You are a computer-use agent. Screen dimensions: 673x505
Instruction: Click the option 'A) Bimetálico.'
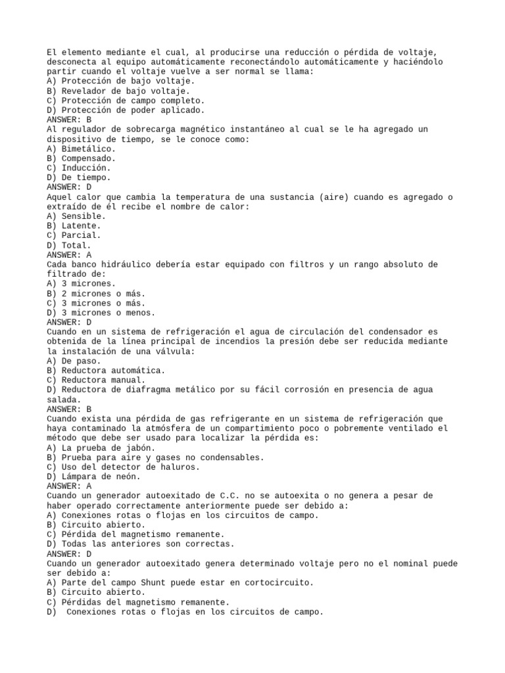point(81,149)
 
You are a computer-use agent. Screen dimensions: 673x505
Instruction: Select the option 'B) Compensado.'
point(81,158)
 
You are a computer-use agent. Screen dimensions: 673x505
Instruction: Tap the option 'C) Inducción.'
point(79,168)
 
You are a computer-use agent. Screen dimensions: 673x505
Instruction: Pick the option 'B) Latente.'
point(74,225)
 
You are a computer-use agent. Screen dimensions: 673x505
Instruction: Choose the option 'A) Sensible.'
point(76,216)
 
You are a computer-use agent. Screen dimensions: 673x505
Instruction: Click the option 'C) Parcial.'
point(74,235)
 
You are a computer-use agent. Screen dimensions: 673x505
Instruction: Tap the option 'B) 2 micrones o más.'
point(96,293)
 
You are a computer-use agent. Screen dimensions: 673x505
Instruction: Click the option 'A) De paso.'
point(74,360)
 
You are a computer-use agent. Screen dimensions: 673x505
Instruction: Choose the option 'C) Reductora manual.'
point(96,380)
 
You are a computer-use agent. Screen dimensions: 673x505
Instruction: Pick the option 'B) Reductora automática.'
point(106,370)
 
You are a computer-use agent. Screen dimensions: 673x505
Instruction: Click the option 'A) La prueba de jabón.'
point(101,448)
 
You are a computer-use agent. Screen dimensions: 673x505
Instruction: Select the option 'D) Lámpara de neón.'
point(93,476)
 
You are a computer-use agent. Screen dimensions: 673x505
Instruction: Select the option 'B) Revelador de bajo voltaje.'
point(118,91)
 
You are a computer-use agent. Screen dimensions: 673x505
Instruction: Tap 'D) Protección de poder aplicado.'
point(126,110)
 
